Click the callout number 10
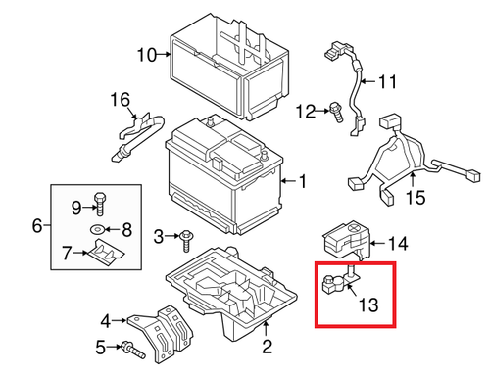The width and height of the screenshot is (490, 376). pyautogui.click(x=146, y=55)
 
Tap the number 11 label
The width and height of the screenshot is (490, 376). pyautogui.click(x=388, y=80)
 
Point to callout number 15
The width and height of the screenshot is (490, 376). pyautogui.click(x=416, y=199)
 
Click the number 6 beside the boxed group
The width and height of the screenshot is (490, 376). pyautogui.click(x=37, y=226)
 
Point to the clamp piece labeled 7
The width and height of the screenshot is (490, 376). pyautogui.click(x=104, y=254)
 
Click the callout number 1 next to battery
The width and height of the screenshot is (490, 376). pyautogui.click(x=302, y=181)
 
